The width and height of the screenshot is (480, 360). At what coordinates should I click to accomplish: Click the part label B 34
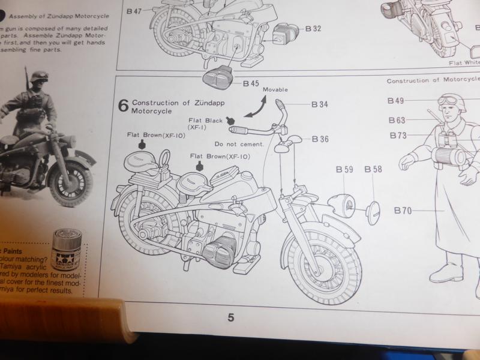(320, 104)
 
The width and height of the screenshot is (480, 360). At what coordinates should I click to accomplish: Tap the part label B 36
(320, 139)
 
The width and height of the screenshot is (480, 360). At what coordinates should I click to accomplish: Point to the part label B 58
(373, 170)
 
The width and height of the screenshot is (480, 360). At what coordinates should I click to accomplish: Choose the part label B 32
(313, 28)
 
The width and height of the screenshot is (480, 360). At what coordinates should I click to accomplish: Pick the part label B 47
(137, 11)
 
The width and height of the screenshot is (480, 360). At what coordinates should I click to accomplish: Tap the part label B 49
(396, 100)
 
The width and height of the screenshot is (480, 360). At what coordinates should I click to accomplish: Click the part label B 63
(397, 119)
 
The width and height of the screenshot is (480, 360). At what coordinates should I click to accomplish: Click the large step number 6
(123, 106)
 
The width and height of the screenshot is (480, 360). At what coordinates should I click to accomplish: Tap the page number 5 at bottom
(230, 318)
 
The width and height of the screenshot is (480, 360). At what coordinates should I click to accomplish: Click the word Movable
(275, 89)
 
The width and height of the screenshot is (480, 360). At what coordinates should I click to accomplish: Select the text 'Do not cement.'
(239, 145)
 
